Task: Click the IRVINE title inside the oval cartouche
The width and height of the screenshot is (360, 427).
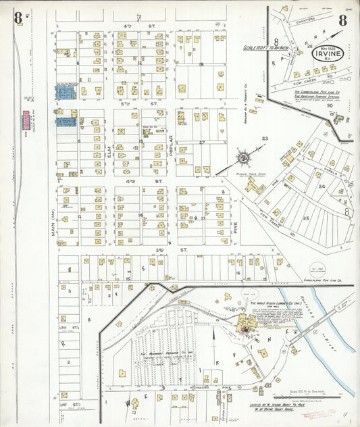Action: (x=328, y=53)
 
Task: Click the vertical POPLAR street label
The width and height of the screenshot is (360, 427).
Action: (x=172, y=147)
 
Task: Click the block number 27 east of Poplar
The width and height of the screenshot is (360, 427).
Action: (x=202, y=143)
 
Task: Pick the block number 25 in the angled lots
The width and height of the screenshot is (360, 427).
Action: (x=306, y=218)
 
